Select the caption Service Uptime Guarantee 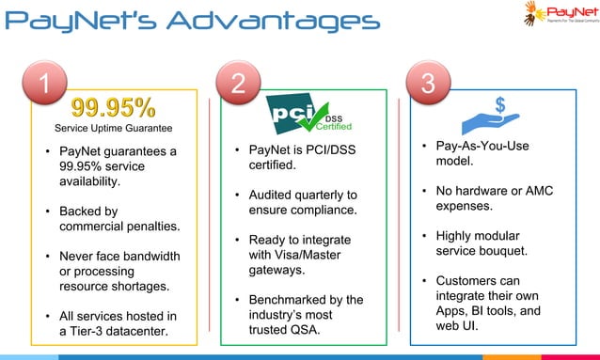pyautogui.click(x=114, y=128)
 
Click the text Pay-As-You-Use pyautogui.click(x=482, y=146)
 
